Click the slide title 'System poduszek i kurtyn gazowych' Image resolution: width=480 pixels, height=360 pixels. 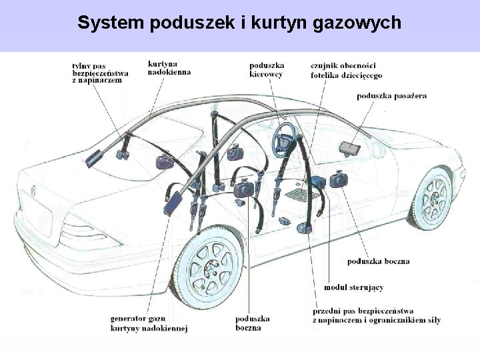[239, 23]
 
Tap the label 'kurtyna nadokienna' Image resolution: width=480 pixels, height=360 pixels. [169, 67]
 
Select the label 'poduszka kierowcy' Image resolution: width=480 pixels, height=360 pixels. [267, 69]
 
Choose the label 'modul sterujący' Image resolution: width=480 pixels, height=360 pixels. [353, 287]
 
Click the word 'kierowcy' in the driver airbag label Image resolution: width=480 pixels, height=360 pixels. [266, 74]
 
